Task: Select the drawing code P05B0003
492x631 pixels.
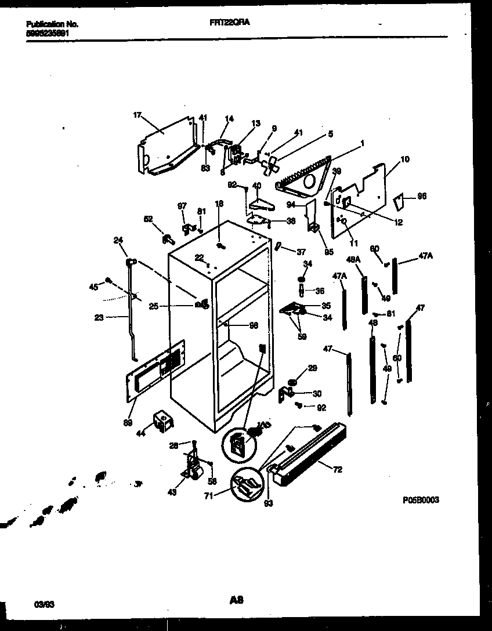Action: click(x=419, y=499)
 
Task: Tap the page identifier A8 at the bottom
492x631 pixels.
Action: click(x=236, y=603)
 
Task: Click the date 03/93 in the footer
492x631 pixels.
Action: click(x=36, y=604)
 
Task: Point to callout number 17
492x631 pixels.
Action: click(x=137, y=115)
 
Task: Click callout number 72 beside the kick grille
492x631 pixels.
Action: click(x=337, y=470)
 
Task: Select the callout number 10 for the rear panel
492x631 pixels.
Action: click(x=404, y=158)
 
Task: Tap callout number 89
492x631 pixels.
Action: click(x=126, y=422)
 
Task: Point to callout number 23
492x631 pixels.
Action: click(x=99, y=317)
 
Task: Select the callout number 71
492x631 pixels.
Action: click(x=209, y=496)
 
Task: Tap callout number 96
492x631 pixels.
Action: click(x=422, y=197)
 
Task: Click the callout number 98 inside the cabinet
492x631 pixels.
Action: click(x=253, y=325)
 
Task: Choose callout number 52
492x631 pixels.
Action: click(x=148, y=219)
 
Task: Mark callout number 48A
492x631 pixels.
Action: click(x=354, y=259)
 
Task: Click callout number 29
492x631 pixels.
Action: click(x=312, y=369)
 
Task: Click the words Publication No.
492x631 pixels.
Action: click(x=53, y=24)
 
